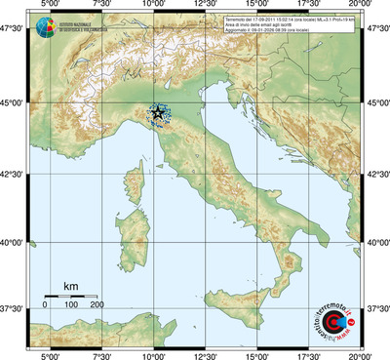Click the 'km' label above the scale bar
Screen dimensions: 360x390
point(70,286)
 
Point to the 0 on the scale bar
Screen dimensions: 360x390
point(45,305)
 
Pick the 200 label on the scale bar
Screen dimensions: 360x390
point(97,305)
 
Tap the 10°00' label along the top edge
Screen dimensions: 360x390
point(153,6)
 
